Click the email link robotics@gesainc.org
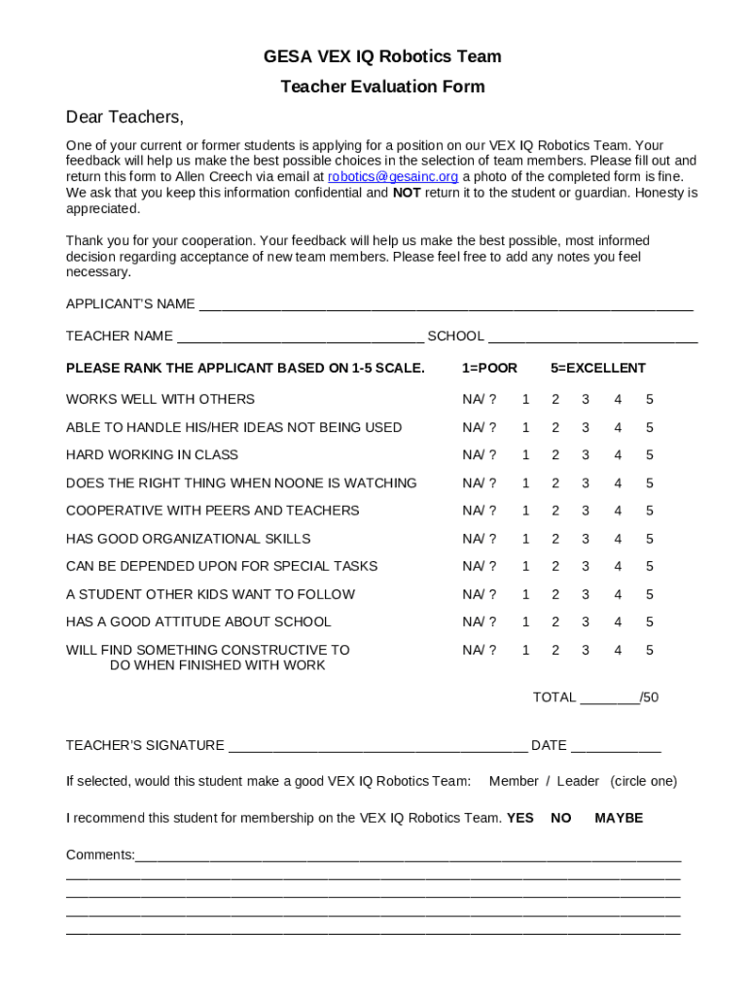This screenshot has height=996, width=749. click(393, 176)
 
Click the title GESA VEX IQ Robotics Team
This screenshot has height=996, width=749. click(382, 56)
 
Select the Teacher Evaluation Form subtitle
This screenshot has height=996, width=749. click(382, 87)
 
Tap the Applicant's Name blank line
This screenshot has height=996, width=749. click(446, 305)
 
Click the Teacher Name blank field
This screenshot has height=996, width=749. click(300, 337)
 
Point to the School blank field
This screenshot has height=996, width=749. click(592, 337)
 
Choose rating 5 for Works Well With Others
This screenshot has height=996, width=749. click(649, 400)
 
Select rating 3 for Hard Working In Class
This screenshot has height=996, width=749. click(586, 455)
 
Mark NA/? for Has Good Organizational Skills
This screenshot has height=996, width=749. click(479, 539)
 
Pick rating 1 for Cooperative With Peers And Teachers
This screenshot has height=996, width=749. click(525, 511)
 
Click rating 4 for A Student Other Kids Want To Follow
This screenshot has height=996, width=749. click(618, 594)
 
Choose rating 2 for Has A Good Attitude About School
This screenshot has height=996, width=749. click(555, 622)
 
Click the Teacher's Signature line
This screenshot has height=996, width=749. click(377, 747)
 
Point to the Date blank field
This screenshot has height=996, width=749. click(616, 747)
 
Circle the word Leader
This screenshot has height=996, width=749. click(578, 781)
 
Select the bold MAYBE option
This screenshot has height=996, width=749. click(619, 818)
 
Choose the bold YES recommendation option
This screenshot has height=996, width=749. click(520, 818)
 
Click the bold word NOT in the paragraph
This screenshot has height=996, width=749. click(407, 193)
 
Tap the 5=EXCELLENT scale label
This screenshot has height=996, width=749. click(597, 368)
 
